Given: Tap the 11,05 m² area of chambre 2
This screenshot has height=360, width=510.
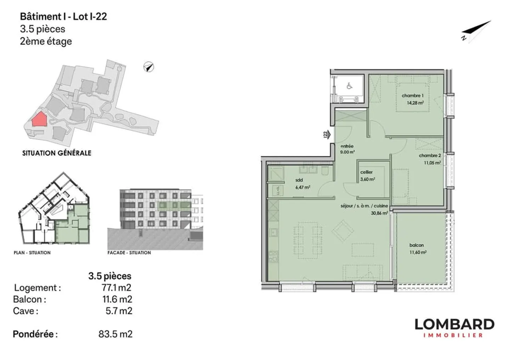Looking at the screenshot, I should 432,163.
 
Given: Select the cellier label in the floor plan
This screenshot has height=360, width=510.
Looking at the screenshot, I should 366,172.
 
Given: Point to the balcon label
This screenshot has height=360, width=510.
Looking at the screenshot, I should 416,245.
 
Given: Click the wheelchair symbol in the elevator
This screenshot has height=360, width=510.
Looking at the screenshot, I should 349,86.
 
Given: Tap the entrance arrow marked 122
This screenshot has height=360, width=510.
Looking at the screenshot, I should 328,135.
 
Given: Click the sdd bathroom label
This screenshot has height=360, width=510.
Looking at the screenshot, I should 299,180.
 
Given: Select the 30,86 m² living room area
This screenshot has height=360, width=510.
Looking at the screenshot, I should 379,213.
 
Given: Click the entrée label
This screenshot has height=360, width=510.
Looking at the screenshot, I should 347,146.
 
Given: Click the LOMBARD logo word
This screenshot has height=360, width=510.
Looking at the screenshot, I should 454,324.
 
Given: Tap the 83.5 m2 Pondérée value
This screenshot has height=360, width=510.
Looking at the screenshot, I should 115,334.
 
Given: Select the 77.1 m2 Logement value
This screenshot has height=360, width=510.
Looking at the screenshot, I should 117,287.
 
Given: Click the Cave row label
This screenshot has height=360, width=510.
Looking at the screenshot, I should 25,311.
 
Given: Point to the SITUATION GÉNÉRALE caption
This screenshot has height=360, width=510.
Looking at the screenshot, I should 57,153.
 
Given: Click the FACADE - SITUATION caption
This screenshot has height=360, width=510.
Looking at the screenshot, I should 129,253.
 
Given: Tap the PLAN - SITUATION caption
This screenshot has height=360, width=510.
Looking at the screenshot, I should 32,253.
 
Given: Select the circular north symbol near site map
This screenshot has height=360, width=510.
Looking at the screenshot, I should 149,67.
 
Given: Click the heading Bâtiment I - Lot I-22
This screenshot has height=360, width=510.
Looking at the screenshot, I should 63,17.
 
